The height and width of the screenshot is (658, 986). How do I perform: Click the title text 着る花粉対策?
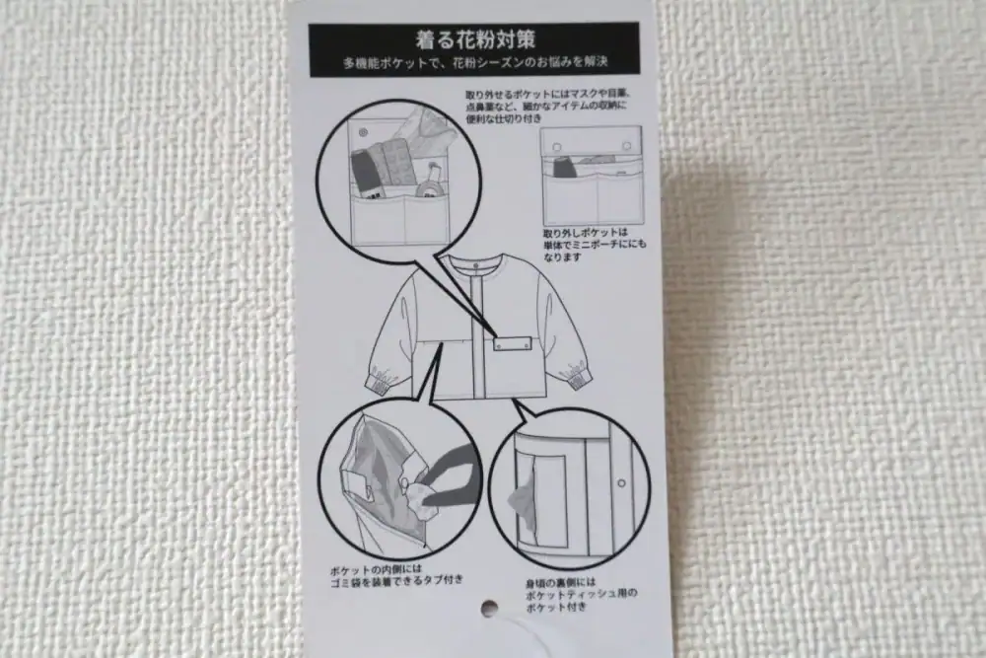(473, 40)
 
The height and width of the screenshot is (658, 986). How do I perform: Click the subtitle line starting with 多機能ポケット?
(473, 62)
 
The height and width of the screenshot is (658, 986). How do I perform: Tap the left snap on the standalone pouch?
(557, 145)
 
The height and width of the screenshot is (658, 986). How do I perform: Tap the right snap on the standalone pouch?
(624, 145)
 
